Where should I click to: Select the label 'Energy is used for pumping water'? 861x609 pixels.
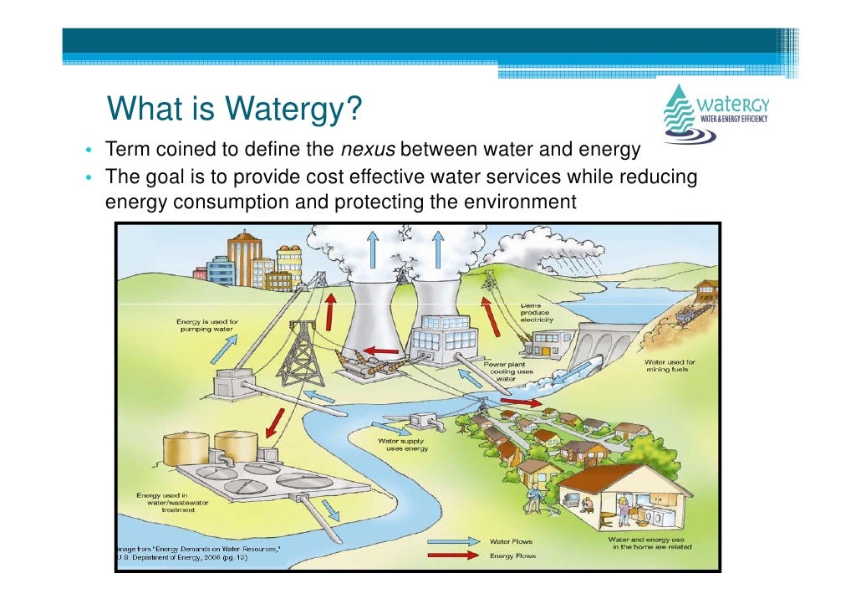[206, 325]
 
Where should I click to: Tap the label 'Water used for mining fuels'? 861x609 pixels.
[670, 366]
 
